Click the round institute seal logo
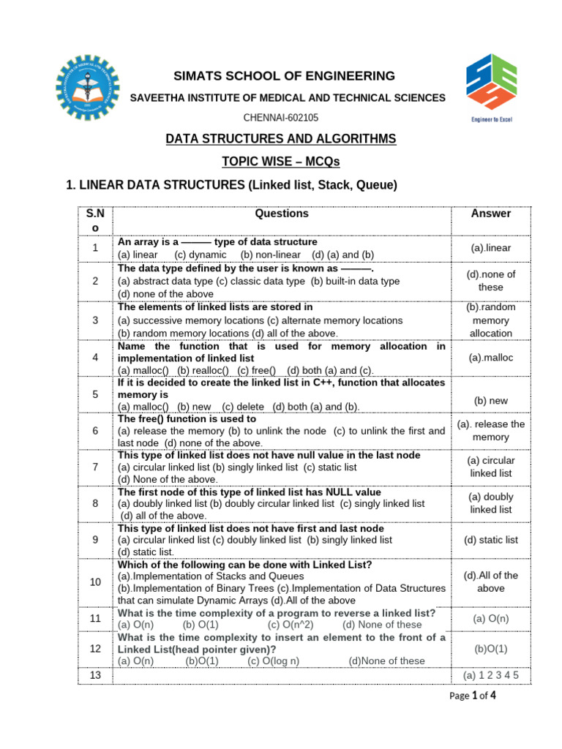(86, 89)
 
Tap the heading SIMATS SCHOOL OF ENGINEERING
(285, 76)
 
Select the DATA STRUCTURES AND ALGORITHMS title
(281, 139)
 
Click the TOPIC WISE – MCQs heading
(281, 162)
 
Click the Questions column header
(282, 214)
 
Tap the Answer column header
(491, 214)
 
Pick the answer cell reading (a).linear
(491, 248)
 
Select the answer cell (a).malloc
(491, 358)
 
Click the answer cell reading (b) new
(491, 401)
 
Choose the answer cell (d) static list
(491, 540)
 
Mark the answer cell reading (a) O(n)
(491, 618)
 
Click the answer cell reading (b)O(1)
(491, 648)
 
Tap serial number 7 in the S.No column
(95, 467)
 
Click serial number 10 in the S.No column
(95, 581)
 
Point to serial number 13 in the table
(95, 675)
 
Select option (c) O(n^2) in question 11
(291, 625)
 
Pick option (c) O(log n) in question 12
(274, 660)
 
